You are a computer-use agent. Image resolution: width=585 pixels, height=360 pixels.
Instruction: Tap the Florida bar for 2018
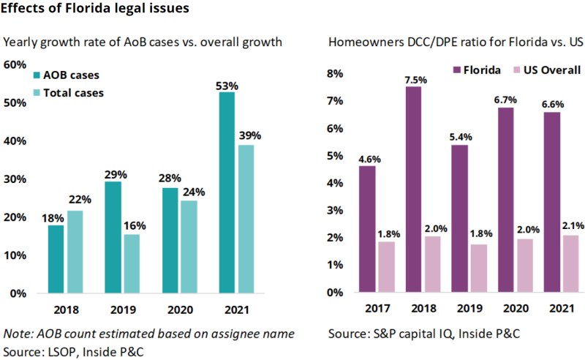413,190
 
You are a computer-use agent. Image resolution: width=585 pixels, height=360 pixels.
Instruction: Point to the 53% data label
226,85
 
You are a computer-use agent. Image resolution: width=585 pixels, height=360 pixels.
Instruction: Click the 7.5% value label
414,79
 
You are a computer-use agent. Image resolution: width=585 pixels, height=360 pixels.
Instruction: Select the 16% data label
132,227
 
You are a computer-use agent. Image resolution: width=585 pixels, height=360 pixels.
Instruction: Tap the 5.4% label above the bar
460,137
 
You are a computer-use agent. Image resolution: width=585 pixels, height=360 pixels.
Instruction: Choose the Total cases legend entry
73,93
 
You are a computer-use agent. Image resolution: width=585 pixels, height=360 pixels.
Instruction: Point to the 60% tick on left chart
15,64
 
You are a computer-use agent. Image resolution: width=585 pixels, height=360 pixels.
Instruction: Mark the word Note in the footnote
17,334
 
